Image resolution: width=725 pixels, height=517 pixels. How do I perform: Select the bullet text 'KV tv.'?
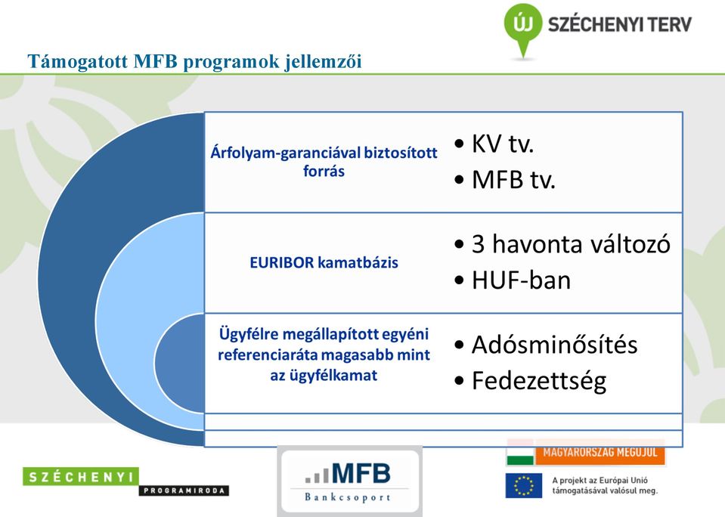pos(503,144)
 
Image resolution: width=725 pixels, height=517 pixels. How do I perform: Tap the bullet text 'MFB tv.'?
pos(513,179)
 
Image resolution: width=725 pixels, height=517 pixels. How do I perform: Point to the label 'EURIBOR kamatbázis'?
pos(324,263)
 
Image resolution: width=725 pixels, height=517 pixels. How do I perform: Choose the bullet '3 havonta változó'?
pos(571,243)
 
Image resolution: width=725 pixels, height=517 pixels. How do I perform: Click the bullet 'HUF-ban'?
pos(521,280)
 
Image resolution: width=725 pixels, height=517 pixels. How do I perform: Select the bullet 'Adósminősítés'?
pos(554,345)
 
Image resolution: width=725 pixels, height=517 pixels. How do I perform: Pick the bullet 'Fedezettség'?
pos(539,381)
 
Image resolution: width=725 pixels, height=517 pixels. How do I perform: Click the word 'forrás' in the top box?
pos(324,171)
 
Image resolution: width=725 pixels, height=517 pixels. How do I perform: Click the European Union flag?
pos(524,485)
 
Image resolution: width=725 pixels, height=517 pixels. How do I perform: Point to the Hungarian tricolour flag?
pos(520,452)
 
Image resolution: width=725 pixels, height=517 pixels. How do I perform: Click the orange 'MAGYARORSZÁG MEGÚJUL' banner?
pos(600,452)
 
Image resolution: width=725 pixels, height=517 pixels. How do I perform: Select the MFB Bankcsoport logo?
pos(349,481)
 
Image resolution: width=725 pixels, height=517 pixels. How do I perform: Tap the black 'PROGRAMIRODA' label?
pos(184,491)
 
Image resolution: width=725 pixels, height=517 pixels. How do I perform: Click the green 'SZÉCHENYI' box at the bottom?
pos(80,477)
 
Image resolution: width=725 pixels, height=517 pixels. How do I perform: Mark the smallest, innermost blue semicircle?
pos(179,363)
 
